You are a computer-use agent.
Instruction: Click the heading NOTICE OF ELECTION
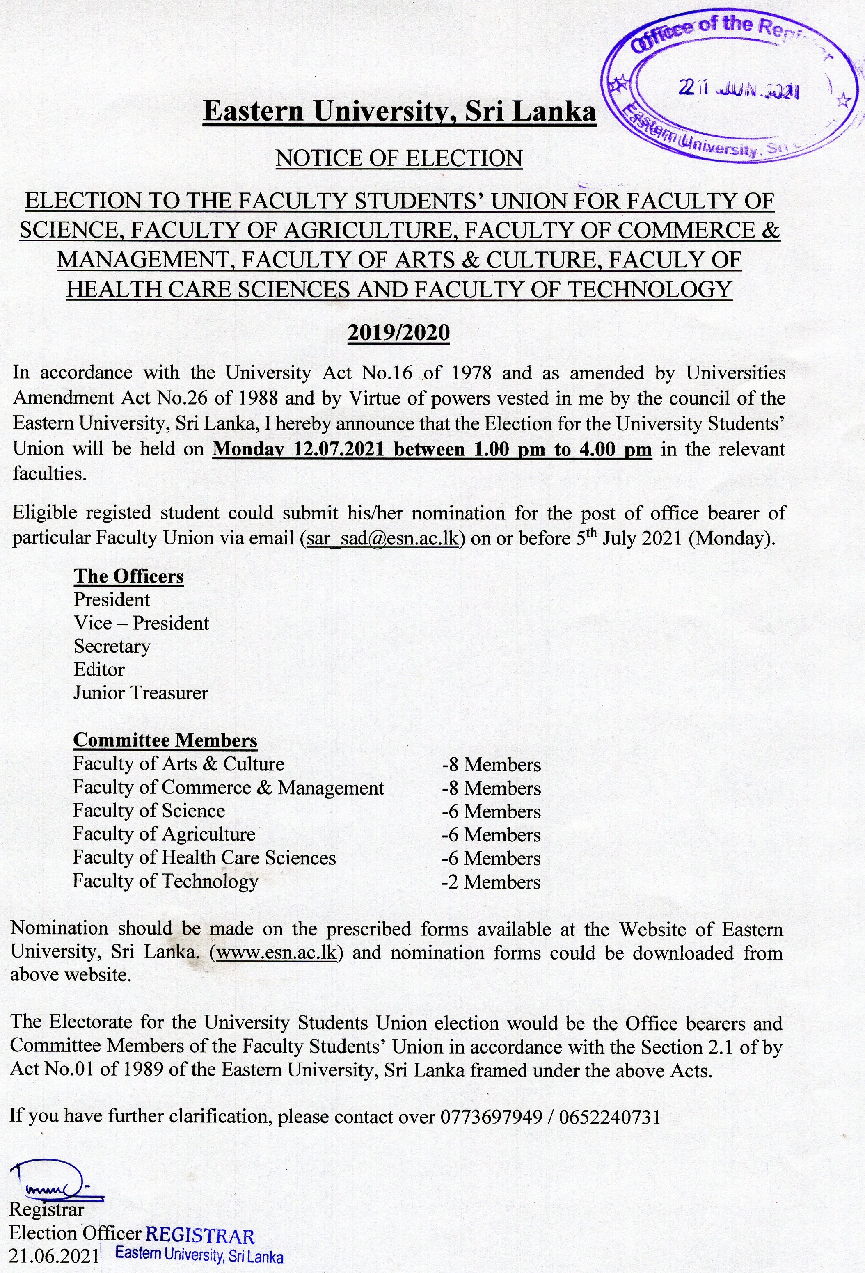click(399, 158)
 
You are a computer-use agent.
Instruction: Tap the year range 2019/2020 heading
click(399, 332)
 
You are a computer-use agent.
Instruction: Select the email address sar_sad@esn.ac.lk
click(382, 538)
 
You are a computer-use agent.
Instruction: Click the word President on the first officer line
click(112, 600)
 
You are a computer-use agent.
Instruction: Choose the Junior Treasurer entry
click(141, 693)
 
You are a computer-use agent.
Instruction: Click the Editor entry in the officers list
click(99, 670)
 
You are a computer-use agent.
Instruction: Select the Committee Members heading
click(165, 740)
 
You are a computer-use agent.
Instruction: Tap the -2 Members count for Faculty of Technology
click(491, 882)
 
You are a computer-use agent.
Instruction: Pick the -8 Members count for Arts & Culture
click(491, 765)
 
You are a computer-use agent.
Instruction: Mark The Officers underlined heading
click(129, 576)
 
